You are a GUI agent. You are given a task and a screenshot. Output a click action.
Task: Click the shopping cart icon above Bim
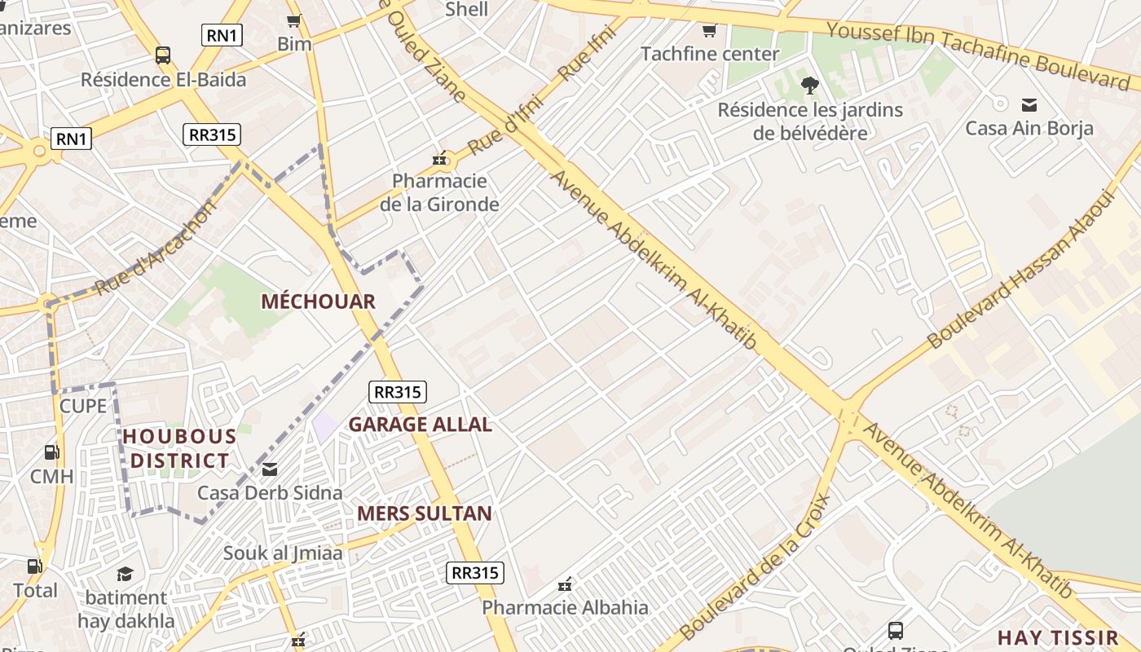[294, 20]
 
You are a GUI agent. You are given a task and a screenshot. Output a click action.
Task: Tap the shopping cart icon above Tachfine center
[709, 31]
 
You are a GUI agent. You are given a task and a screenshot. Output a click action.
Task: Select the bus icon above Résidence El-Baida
[163, 55]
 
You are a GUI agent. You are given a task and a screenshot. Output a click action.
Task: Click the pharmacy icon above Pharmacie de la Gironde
[440, 159]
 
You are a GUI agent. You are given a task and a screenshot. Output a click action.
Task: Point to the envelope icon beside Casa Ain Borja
[1029, 104]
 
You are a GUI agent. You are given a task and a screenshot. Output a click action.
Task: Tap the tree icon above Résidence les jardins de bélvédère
[809, 85]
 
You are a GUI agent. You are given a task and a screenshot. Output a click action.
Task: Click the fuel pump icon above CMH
[51, 452]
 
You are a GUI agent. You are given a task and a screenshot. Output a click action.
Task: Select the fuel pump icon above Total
[34, 566]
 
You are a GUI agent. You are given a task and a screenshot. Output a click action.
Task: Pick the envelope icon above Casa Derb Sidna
[270, 469]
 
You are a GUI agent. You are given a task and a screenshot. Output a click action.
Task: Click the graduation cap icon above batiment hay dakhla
[125, 574]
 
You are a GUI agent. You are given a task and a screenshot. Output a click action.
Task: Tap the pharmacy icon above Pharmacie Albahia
[565, 584]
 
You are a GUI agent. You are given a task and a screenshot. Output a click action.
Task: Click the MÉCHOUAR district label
[318, 302]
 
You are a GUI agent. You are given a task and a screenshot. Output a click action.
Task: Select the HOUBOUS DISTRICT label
[179, 448]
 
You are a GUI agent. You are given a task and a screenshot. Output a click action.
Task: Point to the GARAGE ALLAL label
[420, 425]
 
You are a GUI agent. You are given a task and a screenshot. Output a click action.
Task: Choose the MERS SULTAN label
[425, 513]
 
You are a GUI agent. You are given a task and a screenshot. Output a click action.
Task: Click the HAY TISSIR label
[1058, 637]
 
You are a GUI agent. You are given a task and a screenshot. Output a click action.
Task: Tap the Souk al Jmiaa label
[283, 553]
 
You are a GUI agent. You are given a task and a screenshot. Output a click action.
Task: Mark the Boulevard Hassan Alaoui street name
[1021, 269]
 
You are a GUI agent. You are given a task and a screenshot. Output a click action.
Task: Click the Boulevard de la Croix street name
[755, 566]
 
